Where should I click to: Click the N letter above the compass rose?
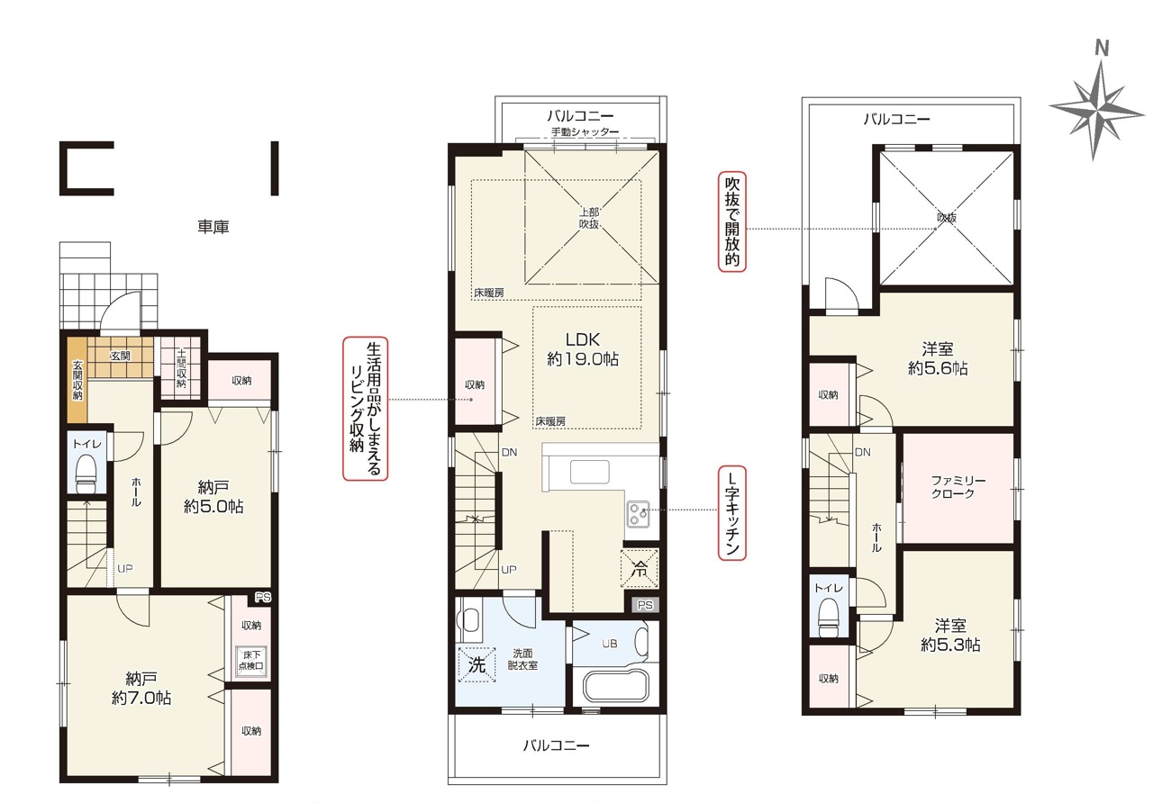coord(1102,48)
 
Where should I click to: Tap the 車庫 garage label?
coord(213,226)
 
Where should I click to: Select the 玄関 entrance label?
coord(120,356)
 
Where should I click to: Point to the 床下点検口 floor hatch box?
coord(251,660)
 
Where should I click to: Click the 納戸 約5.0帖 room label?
coord(213,496)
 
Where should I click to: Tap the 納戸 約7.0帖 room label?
coord(141,689)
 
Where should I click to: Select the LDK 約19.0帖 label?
coord(583,348)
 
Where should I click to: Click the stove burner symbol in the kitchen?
coord(638,514)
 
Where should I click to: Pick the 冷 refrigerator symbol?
coord(640,568)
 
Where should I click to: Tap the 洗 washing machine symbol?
coord(477,664)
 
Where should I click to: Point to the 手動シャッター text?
coord(585,131)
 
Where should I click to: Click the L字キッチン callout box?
coord(731,513)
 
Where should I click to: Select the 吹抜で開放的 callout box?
coord(731,221)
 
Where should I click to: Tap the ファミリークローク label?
coord(958,487)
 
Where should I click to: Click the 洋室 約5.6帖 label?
coord(938,358)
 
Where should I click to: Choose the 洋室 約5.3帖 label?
coord(950,636)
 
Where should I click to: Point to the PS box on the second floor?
coord(644,605)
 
